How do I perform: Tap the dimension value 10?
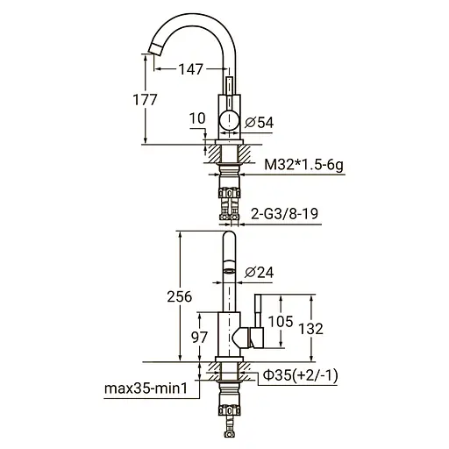pos(199,118)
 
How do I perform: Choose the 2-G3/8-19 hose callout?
pos(289,213)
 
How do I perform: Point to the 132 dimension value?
pos(331,328)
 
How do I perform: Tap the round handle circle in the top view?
pos(228,122)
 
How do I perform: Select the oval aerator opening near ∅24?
pos(226,272)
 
